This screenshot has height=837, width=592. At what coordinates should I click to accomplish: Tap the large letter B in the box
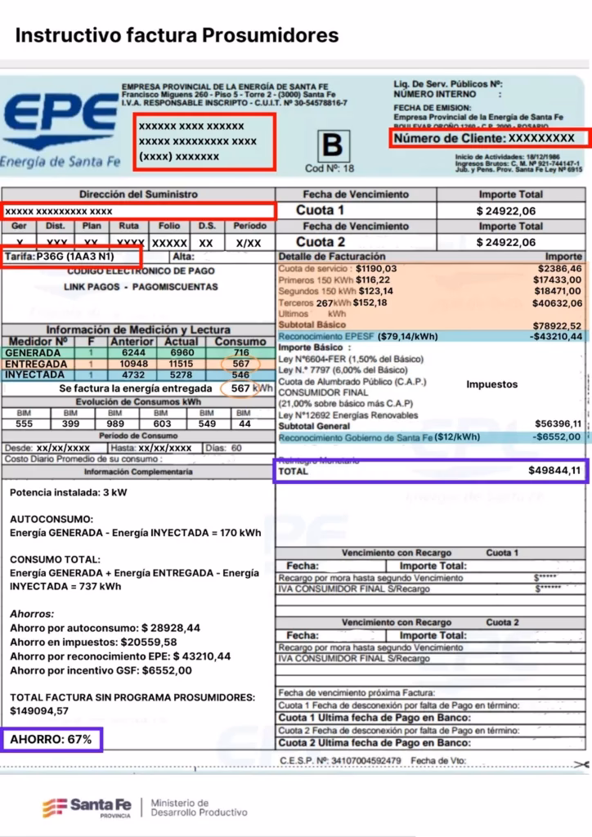(x=332, y=145)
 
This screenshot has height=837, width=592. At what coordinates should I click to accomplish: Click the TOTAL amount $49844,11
(x=554, y=471)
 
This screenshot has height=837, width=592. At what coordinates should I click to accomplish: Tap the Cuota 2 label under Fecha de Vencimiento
(x=321, y=242)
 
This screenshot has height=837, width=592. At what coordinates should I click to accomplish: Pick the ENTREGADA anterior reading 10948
(x=132, y=364)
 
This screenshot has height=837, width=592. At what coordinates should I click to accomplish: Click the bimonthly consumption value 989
(x=114, y=423)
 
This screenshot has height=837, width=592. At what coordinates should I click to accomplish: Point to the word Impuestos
(x=492, y=383)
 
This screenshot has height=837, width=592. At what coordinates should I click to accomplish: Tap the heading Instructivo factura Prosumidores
(x=177, y=35)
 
